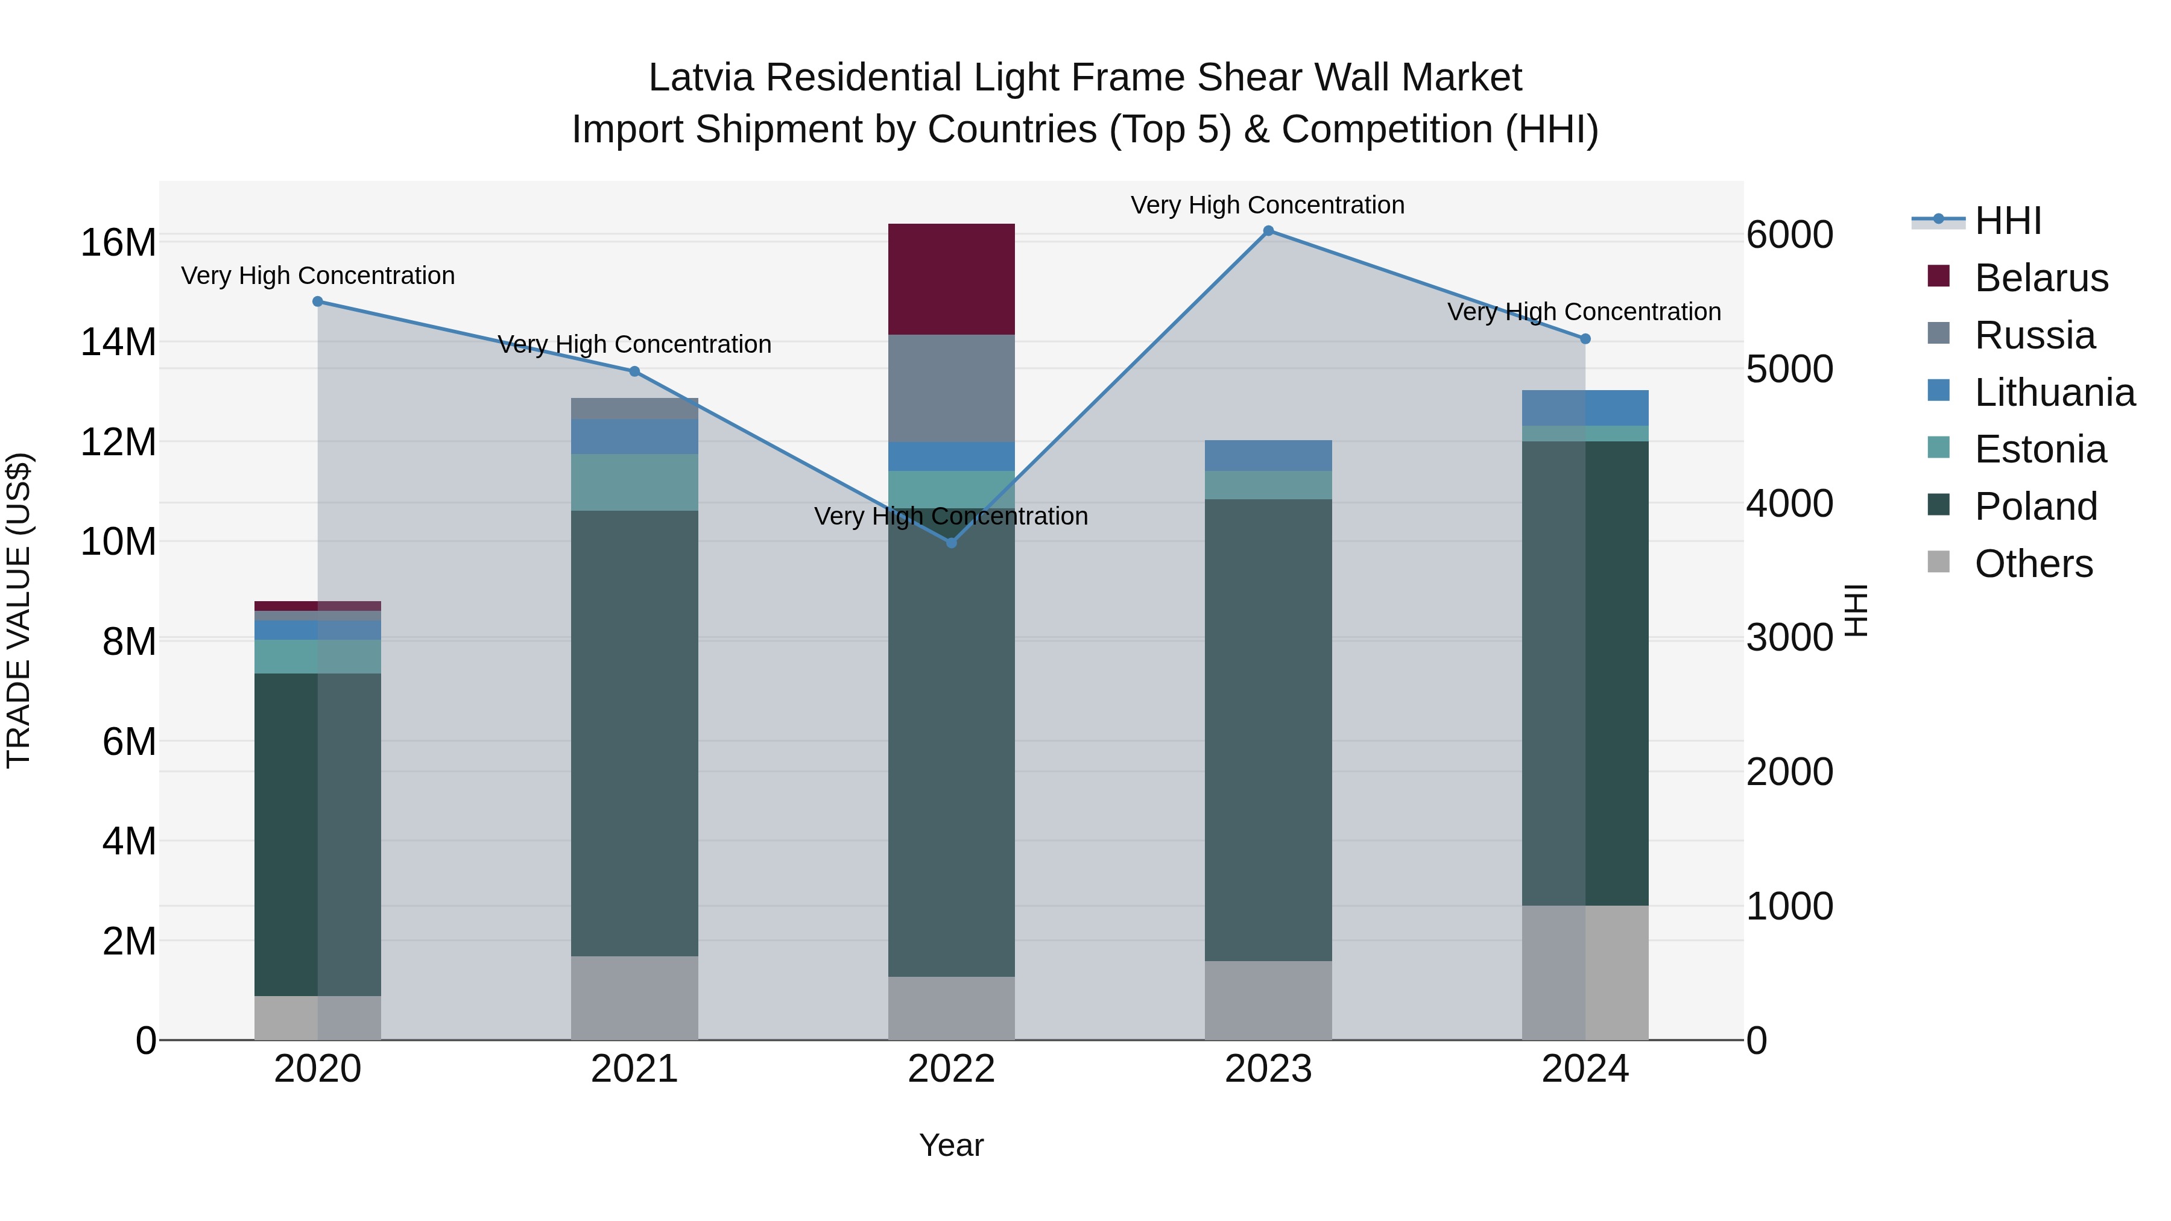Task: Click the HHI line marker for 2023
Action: (1268, 231)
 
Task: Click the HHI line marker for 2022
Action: (952, 543)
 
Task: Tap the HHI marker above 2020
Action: (318, 301)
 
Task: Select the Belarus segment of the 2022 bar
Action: (952, 279)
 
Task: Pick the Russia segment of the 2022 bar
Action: (952, 388)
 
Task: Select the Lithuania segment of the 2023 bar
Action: (1268, 455)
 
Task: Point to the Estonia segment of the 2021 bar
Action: (634, 482)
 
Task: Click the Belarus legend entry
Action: (2040, 278)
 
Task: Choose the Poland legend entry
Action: (2035, 506)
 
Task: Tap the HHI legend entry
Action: (2006, 221)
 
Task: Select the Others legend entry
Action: (2033, 564)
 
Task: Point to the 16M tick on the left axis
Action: (118, 242)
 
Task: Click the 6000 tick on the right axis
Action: (1789, 235)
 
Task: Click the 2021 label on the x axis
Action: (634, 1069)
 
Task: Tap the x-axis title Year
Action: (952, 1145)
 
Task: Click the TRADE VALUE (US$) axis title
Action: (19, 610)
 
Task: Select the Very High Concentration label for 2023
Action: (1268, 205)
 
